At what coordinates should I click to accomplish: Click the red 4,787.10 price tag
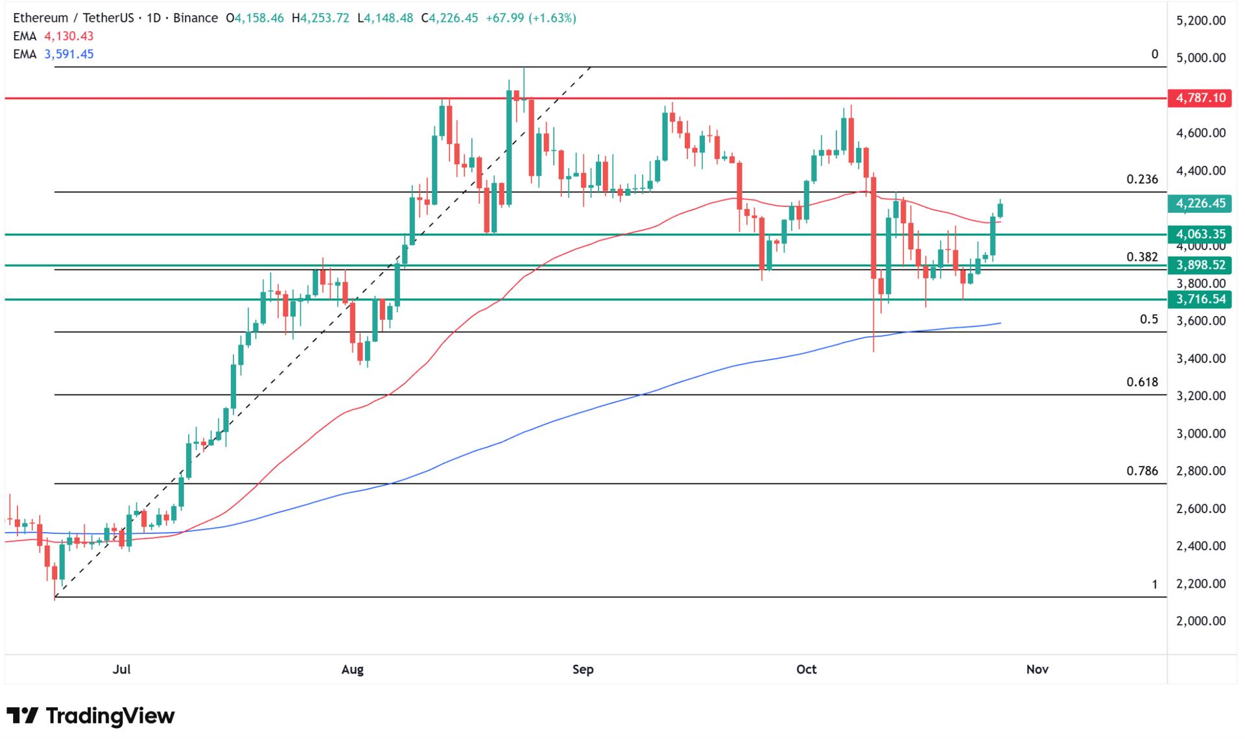[1201, 98]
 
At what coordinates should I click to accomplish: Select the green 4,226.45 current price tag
[1201, 203]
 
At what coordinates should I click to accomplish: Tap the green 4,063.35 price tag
[1201, 234]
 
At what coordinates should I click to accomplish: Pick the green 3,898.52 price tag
[1201, 265]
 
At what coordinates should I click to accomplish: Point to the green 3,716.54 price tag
[1201, 298]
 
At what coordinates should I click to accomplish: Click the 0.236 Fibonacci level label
[1142, 179]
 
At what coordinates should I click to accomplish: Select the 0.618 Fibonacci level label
[1142, 382]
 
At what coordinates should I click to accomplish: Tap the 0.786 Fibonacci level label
[1142, 471]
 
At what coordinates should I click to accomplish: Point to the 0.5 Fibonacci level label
[1148, 319]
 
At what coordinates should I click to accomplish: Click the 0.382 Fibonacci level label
[1142, 257]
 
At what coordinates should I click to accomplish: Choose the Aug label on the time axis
[352, 669]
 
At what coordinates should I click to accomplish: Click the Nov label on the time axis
[1037, 669]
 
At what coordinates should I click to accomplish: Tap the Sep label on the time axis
[583, 669]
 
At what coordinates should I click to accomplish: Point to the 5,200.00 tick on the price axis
[1201, 21]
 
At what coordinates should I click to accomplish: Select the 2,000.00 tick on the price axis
[1201, 621]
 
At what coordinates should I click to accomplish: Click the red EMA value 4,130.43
[69, 36]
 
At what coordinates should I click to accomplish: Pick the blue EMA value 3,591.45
[69, 54]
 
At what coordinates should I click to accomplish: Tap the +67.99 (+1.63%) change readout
[530, 18]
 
